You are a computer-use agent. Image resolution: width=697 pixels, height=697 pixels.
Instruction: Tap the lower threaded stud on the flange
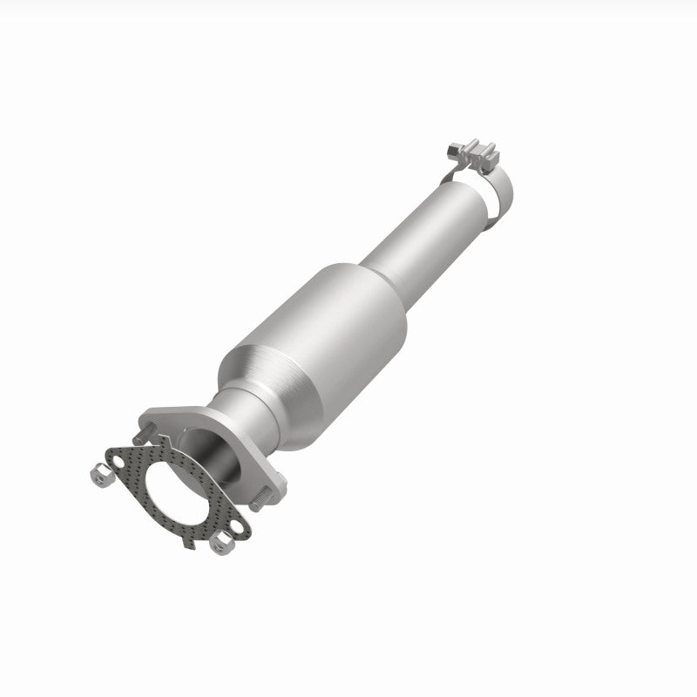click(259, 501)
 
